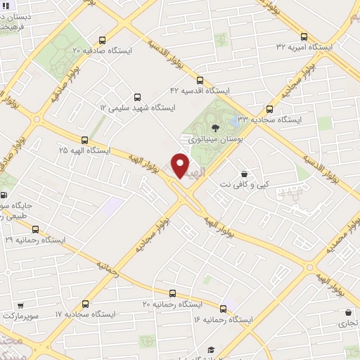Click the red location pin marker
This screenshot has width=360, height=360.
coord(181,166)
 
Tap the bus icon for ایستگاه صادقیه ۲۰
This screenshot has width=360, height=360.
coord(103,40)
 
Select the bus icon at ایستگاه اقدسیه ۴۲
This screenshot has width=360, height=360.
coord(200,81)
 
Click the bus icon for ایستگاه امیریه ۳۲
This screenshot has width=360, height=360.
coord(304,37)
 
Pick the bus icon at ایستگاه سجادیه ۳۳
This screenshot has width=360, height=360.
coord(269,109)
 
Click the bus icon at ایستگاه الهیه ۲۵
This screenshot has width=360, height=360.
coord(85,140)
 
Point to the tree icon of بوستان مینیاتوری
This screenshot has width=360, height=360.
coord(214,128)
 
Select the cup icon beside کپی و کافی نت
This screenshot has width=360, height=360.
coord(244,173)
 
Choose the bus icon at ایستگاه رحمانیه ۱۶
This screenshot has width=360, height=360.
coord(223,309)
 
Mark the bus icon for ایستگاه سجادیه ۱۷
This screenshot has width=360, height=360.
coord(85,304)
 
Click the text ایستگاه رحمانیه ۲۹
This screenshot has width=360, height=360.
coord(35,240)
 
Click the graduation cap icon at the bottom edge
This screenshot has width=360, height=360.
coord(210,350)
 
